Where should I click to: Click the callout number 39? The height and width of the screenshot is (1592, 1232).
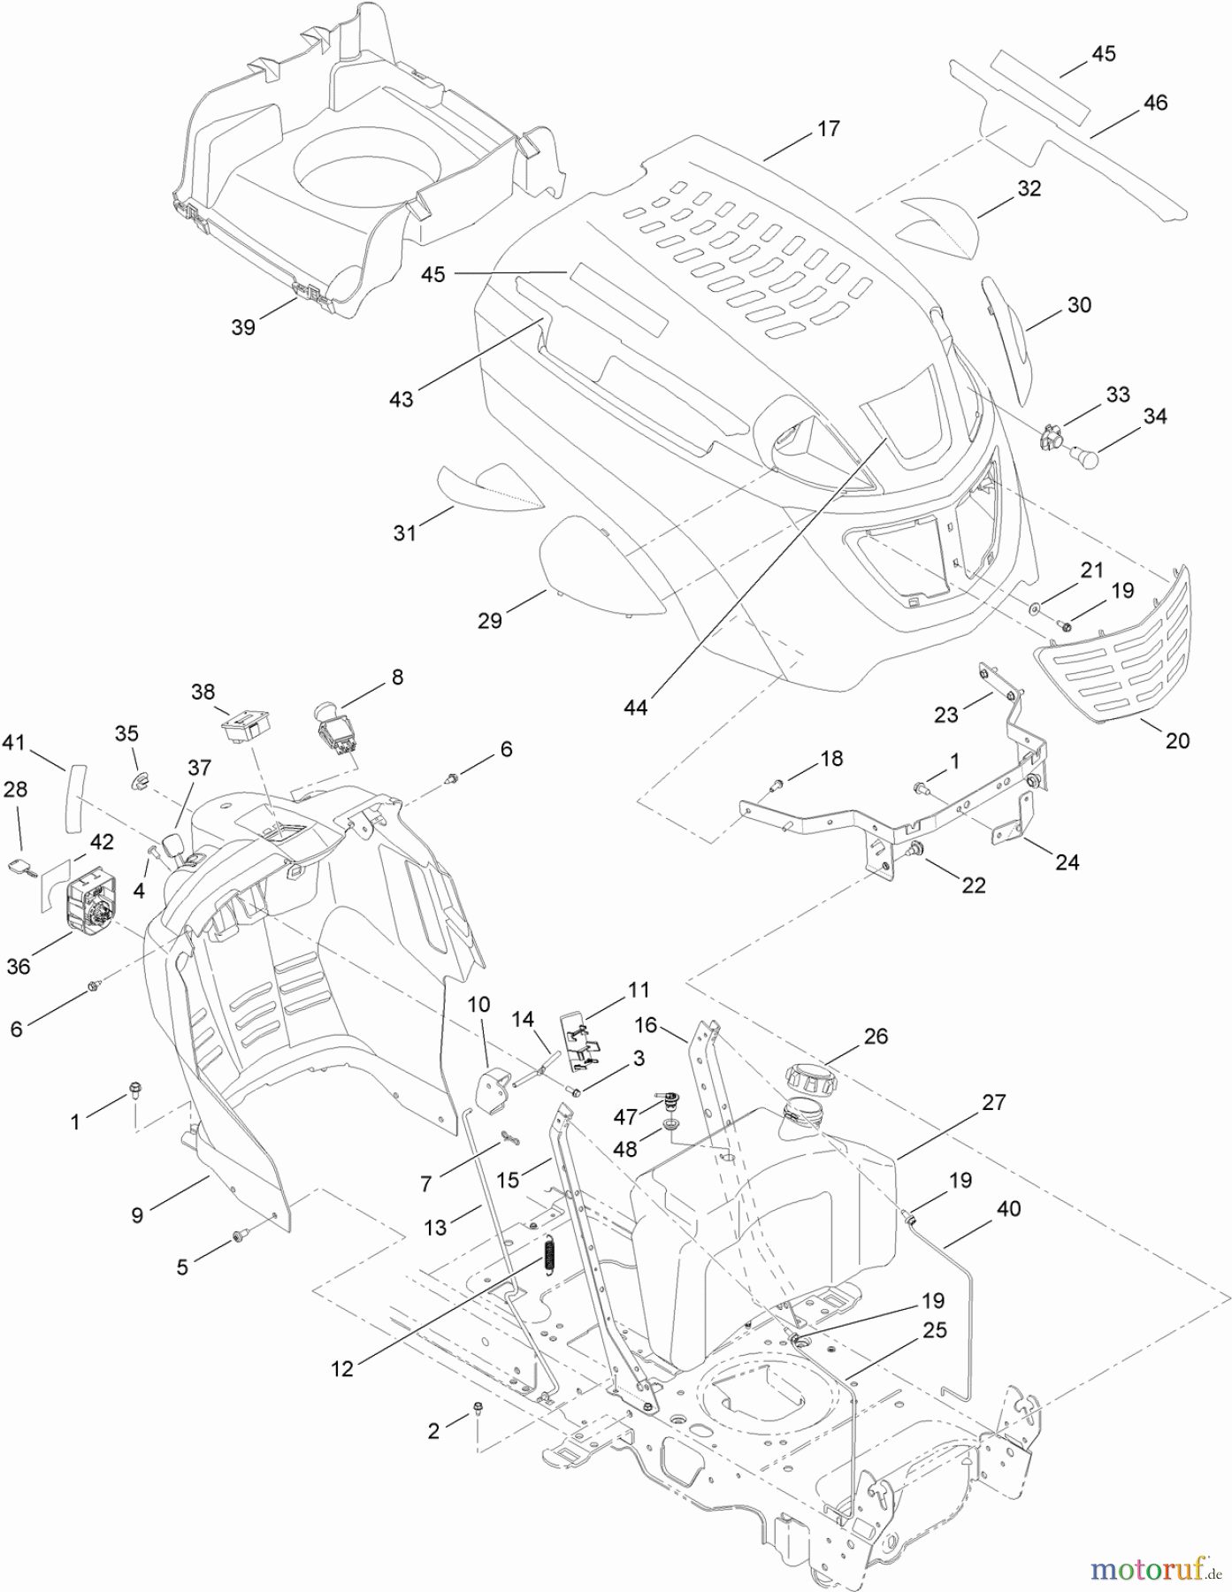(243, 326)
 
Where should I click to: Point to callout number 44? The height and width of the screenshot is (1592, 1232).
(635, 708)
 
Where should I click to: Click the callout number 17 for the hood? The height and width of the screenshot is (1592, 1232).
(828, 128)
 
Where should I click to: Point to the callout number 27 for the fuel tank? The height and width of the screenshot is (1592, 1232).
(994, 1102)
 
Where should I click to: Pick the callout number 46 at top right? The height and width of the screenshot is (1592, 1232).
(1155, 103)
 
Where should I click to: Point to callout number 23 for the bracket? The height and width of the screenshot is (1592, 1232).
(946, 714)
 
